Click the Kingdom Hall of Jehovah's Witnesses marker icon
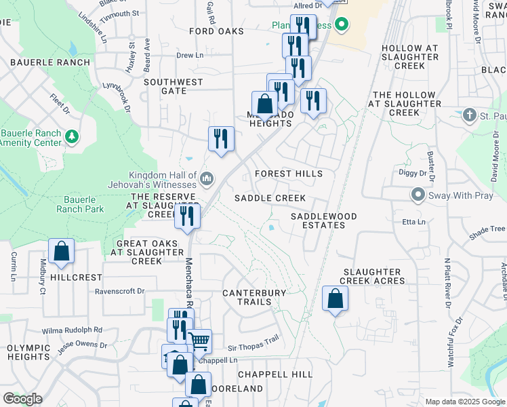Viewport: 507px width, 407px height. click(207, 179)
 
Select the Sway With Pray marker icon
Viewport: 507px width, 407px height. click(418, 195)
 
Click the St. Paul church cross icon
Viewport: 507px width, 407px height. click(469, 115)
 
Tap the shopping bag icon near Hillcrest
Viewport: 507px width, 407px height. click(61, 251)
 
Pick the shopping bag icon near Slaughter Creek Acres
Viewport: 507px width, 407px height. click(335, 298)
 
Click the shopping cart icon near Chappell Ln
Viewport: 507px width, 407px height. click(199, 341)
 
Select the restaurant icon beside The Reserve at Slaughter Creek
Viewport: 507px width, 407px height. click(187, 216)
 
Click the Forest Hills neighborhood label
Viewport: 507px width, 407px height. click(289, 174)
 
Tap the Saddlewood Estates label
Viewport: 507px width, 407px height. click(323, 220)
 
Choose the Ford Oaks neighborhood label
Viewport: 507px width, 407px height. click(216, 32)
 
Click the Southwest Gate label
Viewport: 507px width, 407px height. click(173, 86)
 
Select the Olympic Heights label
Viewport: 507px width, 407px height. click(28, 351)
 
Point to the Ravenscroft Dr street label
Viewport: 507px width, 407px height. click(120, 291)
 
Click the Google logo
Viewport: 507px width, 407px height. click(22, 399)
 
